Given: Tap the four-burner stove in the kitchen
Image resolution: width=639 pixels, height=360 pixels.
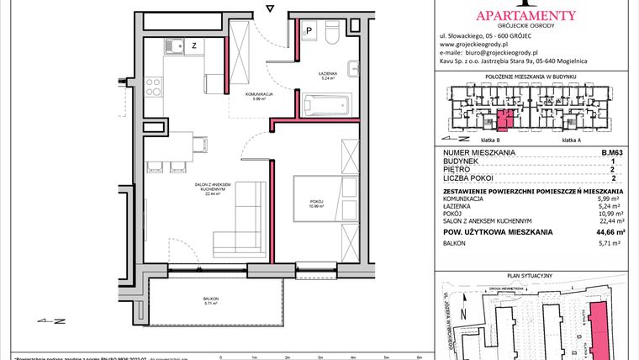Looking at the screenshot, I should coord(154,86).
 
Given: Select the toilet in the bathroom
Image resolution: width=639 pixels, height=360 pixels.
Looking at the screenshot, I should coord(332,35).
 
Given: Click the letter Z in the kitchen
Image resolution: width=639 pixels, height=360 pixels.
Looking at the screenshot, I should coord(194,45).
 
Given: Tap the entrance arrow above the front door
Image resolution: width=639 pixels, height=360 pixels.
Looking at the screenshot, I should coord(269,8).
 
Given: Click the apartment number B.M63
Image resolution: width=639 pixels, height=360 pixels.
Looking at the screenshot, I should coord(613,152).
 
